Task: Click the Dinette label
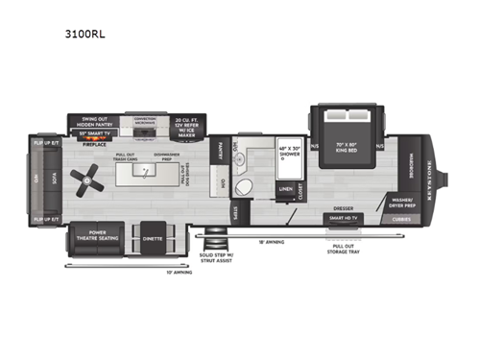152,234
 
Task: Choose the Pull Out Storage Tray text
341,247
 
